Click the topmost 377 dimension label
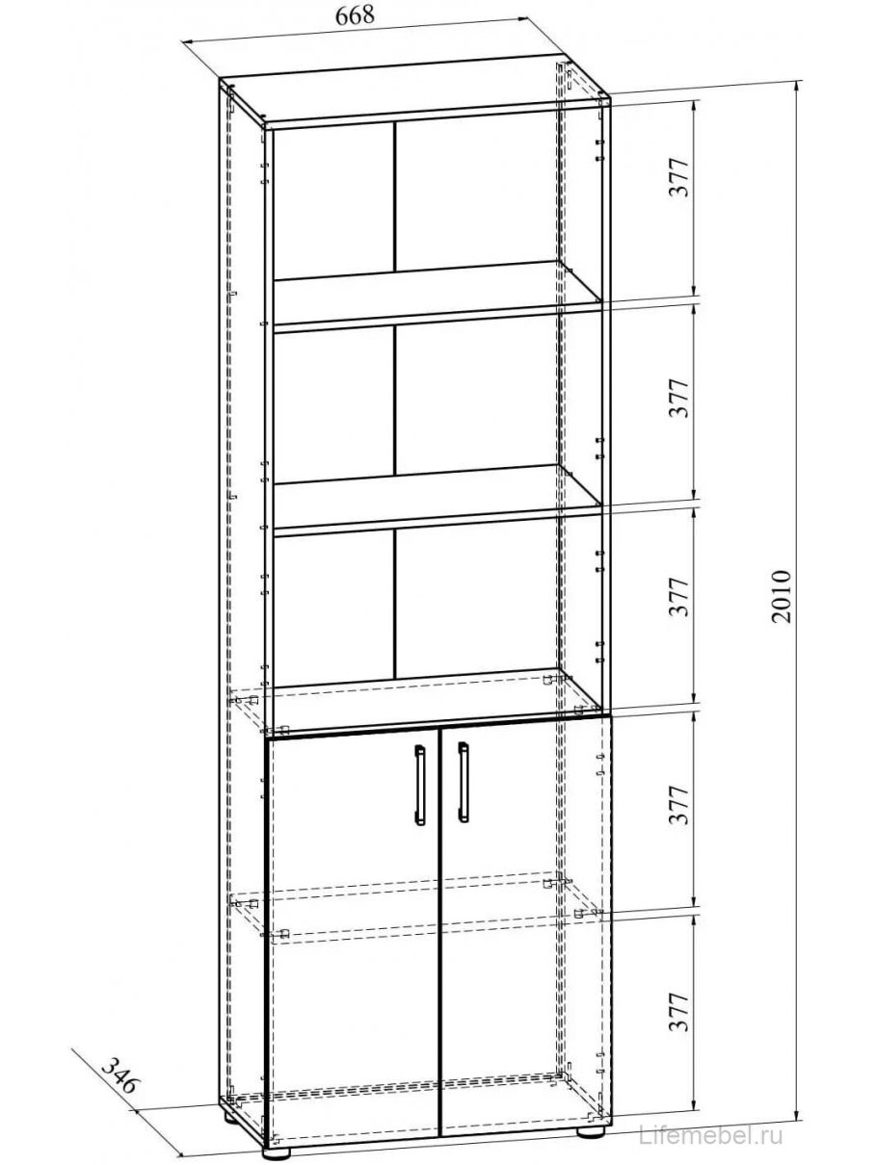[x=680, y=178]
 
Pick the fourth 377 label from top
[x=680, y=807]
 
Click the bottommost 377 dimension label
[x=680, y=1012]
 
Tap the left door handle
[x=420, y=785]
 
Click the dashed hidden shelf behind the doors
[x=414, y=910]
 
